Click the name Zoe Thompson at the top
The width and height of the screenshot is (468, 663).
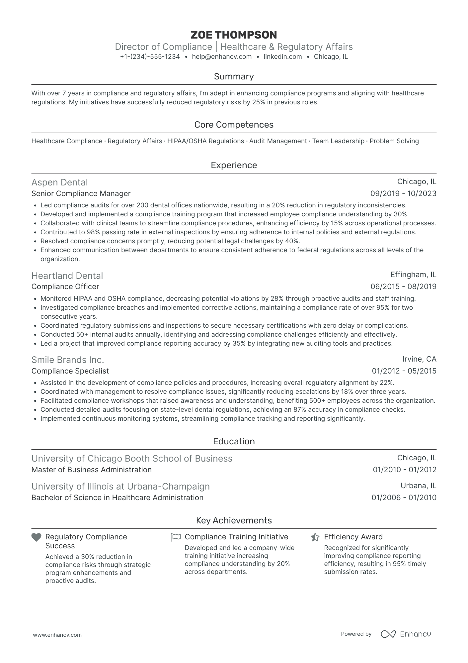click(234, 35)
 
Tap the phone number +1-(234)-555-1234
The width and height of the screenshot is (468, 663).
click(150, 56)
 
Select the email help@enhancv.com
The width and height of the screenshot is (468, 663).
click(222, 56)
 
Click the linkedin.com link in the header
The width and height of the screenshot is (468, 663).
click(282, 56)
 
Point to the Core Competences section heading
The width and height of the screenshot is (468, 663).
click(234, 125)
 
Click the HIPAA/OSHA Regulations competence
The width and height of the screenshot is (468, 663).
click(205, 141)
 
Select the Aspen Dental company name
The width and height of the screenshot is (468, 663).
click(59, 182)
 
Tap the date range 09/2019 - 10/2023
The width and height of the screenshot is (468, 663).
click(403, 193)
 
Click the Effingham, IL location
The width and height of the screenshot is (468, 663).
click(413, 275)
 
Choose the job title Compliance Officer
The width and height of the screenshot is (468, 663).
click(65, 286)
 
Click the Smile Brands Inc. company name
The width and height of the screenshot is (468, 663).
click(68, 360)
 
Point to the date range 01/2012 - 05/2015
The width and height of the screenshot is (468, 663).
click(404, 371)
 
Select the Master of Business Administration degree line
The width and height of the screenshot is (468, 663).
click(91, 470)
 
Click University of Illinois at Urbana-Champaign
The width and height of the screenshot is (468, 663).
click(120, 486)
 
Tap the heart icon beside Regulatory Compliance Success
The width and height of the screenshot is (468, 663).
click(36, 537)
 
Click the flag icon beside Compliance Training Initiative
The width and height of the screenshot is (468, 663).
click(176, 537)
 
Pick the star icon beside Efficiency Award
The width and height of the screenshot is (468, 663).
click(315, 537)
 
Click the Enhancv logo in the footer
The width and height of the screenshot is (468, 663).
click(406, 634)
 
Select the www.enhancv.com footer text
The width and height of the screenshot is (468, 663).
click(57, 635)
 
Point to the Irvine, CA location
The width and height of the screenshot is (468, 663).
click(419, 359)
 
